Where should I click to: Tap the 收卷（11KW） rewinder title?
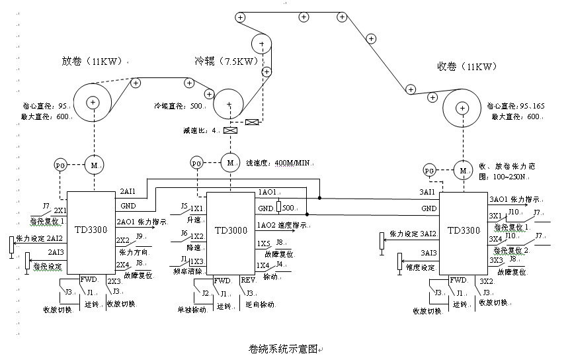coord(463,67)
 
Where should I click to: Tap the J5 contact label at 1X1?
coord(184,206)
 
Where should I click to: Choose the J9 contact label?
coord(139,236)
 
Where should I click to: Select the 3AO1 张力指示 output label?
coord(514,199)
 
